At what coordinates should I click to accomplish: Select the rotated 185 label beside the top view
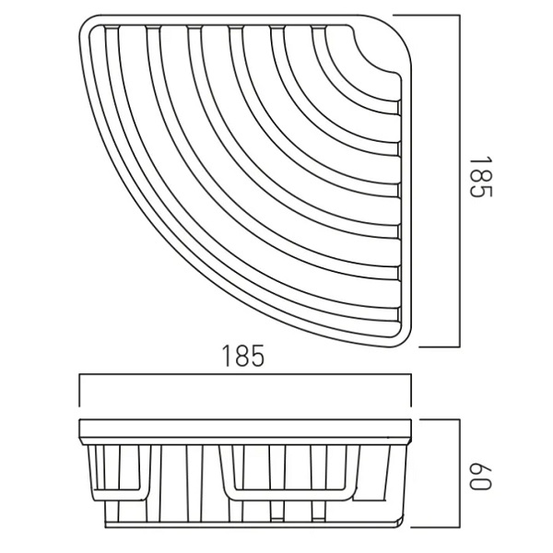480,177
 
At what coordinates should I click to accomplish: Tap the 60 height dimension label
480,476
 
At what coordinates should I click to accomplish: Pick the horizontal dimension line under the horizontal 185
245,376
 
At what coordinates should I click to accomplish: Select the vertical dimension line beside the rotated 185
460,181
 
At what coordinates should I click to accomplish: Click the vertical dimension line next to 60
460,474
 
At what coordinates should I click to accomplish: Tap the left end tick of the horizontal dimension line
80,391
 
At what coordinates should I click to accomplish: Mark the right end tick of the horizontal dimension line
410,391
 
